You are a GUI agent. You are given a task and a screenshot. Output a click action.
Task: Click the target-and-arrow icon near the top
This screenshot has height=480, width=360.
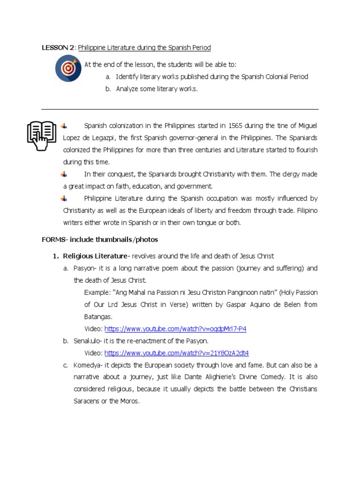pos(68,68)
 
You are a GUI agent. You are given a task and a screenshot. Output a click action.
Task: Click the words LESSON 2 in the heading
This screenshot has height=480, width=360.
pos(58,48)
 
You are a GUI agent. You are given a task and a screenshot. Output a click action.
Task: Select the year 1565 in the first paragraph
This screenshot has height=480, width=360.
pos(235,126)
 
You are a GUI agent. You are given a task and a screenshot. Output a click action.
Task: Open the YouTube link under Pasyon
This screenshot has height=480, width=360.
pos(175,329)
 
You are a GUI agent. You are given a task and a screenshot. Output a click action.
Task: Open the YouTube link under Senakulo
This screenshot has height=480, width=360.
pos(177,353)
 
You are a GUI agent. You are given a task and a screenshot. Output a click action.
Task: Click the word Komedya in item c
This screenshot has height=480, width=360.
pos(87,365)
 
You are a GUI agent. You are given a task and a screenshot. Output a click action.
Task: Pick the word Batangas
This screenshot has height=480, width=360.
pos(98,317)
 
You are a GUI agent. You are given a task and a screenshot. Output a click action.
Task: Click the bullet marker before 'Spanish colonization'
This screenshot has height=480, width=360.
pos(64,126)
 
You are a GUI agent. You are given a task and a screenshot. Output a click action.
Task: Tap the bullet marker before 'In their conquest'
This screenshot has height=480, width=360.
pos(64,174)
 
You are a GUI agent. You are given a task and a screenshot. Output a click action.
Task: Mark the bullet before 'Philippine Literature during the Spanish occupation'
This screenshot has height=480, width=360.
pos(64,198)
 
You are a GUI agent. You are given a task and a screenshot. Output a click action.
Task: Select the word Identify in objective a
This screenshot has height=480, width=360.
pos(127,76)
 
